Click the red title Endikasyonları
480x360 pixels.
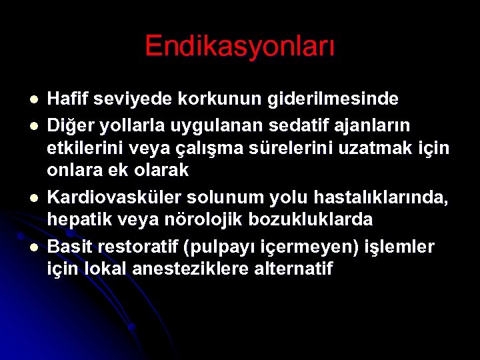(x=240, y=47)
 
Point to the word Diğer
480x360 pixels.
(x=67, y=125)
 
